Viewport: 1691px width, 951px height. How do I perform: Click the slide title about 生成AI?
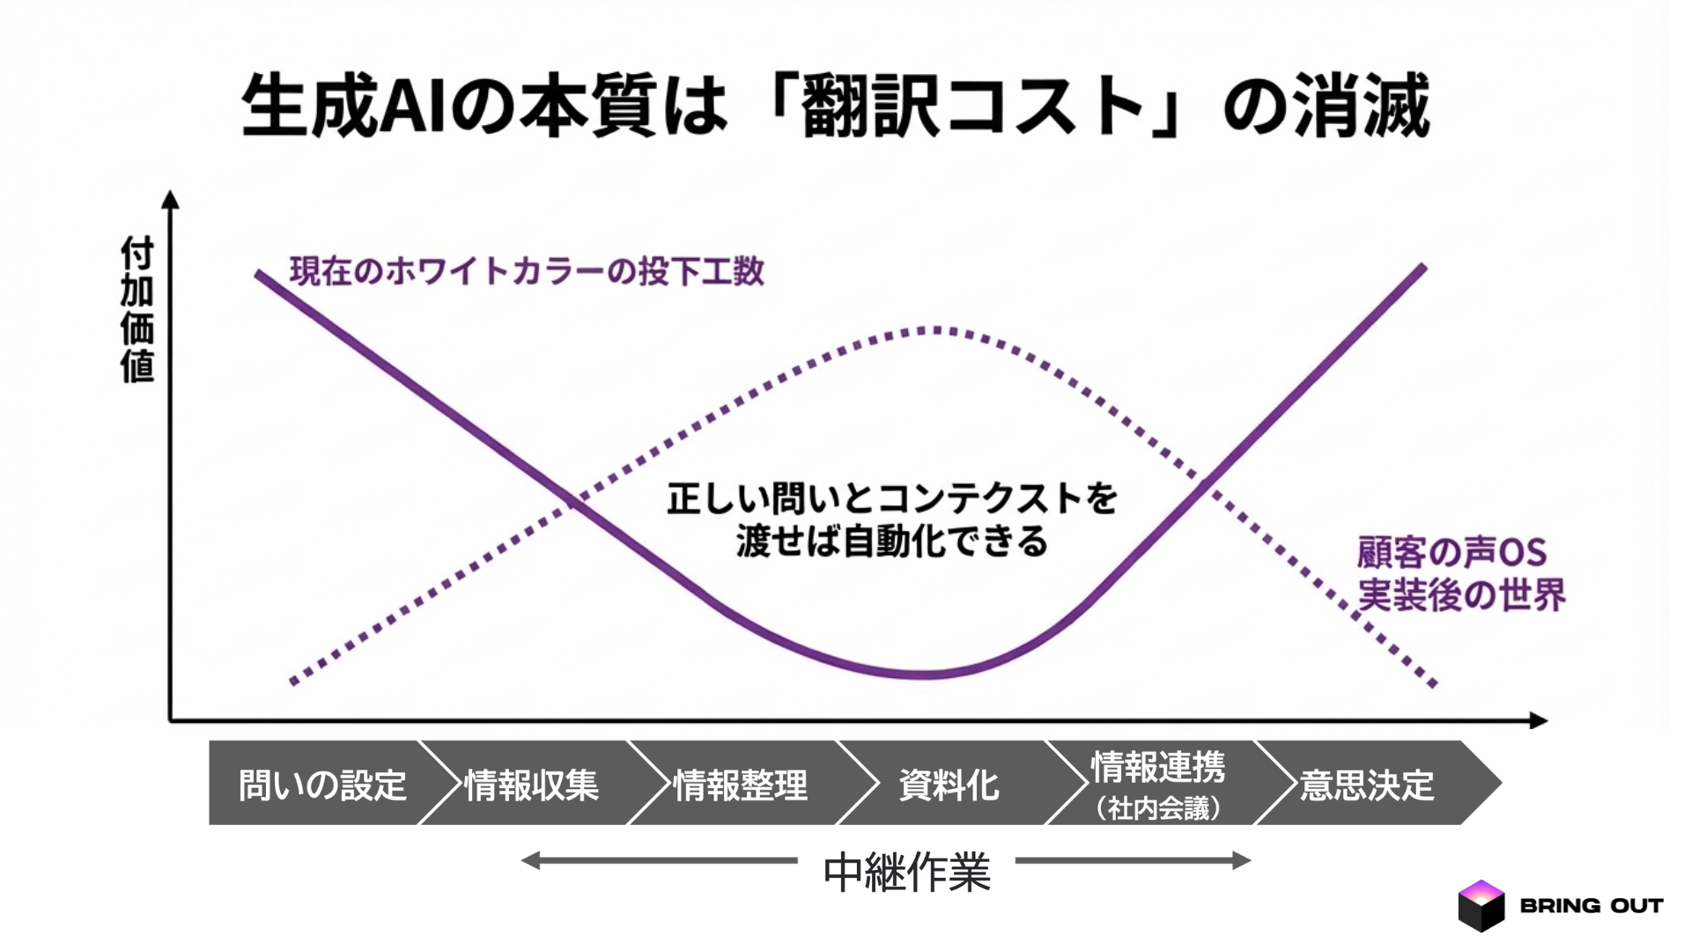pyautogui.click(x=835, y=107)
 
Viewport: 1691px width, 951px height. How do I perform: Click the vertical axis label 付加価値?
pyautogui.click(x=137, y=309)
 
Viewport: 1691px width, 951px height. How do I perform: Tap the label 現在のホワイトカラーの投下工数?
pyautogui.click(x=527, y=271)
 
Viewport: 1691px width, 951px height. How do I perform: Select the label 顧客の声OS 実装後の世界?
pyautogui.click(x=1460, y=574)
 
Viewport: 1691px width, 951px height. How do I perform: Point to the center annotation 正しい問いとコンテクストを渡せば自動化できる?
pyautogui.click(x=891, y=520)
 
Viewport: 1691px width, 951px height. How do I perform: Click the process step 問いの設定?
pyautogui.click(x=322, y=785)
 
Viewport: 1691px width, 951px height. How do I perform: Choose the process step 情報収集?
pyautogui.click(x=531, y=785)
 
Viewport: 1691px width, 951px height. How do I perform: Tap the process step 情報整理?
pyautogui.click(x=740, y=785)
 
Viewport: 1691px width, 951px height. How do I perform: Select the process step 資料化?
pyautogui.click(x=949, y=785)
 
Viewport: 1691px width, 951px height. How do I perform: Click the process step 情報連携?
pyautogui.click(x=1157, y=767)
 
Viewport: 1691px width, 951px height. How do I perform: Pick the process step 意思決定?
pyautogui.click(x=1367, y=785)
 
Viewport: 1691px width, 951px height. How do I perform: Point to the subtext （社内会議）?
pyautogui.click(x=1157, y=808)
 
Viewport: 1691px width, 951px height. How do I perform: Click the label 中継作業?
pyautogui.click(x=906, y=873)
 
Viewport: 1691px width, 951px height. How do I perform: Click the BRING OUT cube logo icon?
pyautogui.click(x=1481, y=905)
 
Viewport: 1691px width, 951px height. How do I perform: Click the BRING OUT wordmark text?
pyautogui.click(x=1591, y=905)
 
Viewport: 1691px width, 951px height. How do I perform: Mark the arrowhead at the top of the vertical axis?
pyautogui.click(x=171, y=199)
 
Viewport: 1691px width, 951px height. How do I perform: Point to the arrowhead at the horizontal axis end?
pyautogui.click(x=1539, y=720)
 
